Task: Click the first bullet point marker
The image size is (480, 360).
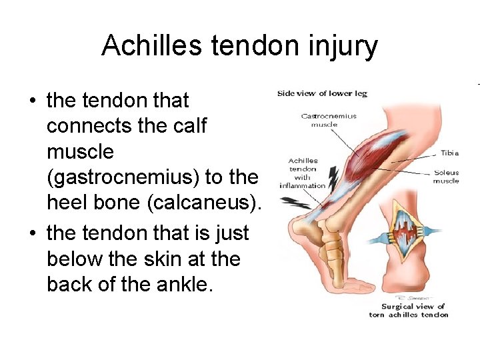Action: [x=32, y=101]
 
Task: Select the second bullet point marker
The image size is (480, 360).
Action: [x=32, y=234]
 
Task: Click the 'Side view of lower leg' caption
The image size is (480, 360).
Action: [x=322, y=93]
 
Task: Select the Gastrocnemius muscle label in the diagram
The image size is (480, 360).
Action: [x=329, y=120]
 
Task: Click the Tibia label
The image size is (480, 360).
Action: [x=449, y=153]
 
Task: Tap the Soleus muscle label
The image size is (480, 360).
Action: [x=445, y=177]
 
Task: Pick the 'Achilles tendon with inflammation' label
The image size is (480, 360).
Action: [x=304, y=173]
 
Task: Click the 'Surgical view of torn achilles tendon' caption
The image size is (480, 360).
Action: [x=409, y=311]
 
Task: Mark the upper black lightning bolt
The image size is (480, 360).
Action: [x=333, y=177]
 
